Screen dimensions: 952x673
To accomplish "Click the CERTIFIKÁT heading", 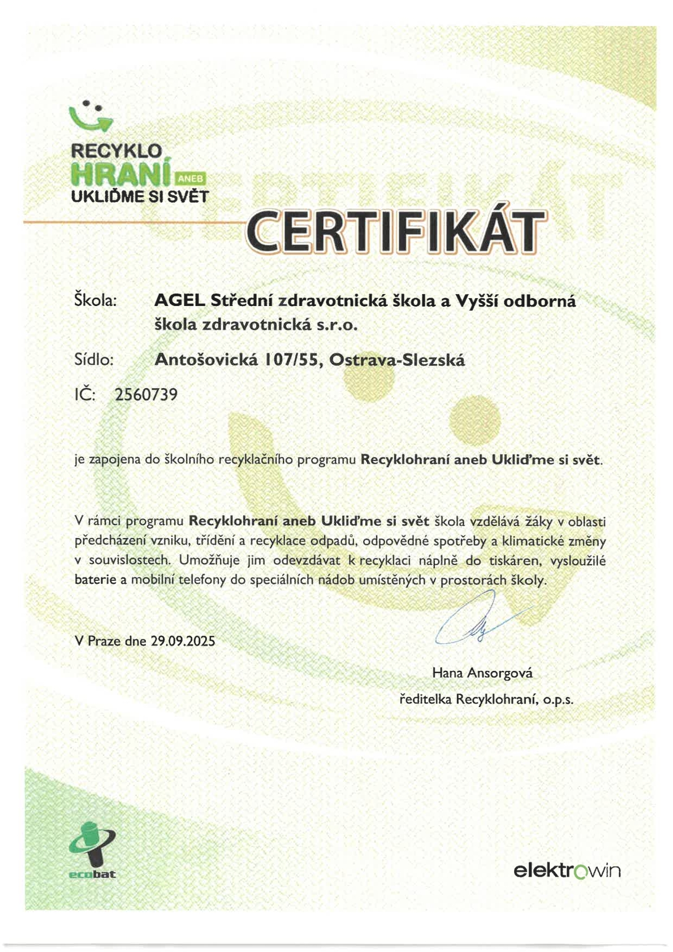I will (396, 232).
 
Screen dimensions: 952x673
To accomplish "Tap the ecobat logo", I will (92, 850).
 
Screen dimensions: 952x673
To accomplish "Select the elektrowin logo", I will (567, 870).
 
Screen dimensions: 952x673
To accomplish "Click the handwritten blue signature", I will (481, 621).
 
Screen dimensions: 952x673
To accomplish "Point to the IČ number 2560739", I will (146, 394).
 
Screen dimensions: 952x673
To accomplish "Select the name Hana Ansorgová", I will (482, 673).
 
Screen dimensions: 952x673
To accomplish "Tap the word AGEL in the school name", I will (179, 300).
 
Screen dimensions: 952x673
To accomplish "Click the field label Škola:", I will (95, 300).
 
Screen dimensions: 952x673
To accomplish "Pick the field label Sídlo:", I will (94, 359).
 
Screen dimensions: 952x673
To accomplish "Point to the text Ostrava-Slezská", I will (397, 360).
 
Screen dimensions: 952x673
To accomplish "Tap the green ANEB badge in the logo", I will (191, 179).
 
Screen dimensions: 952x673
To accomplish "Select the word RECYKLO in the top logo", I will (117, 151).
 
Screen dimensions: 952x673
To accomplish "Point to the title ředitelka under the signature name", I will (425, 699).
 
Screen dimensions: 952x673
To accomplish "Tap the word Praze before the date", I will (104, 641).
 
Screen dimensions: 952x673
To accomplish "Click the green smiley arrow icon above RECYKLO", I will (90, 116).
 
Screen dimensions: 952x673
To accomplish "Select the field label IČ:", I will (85, 394).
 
